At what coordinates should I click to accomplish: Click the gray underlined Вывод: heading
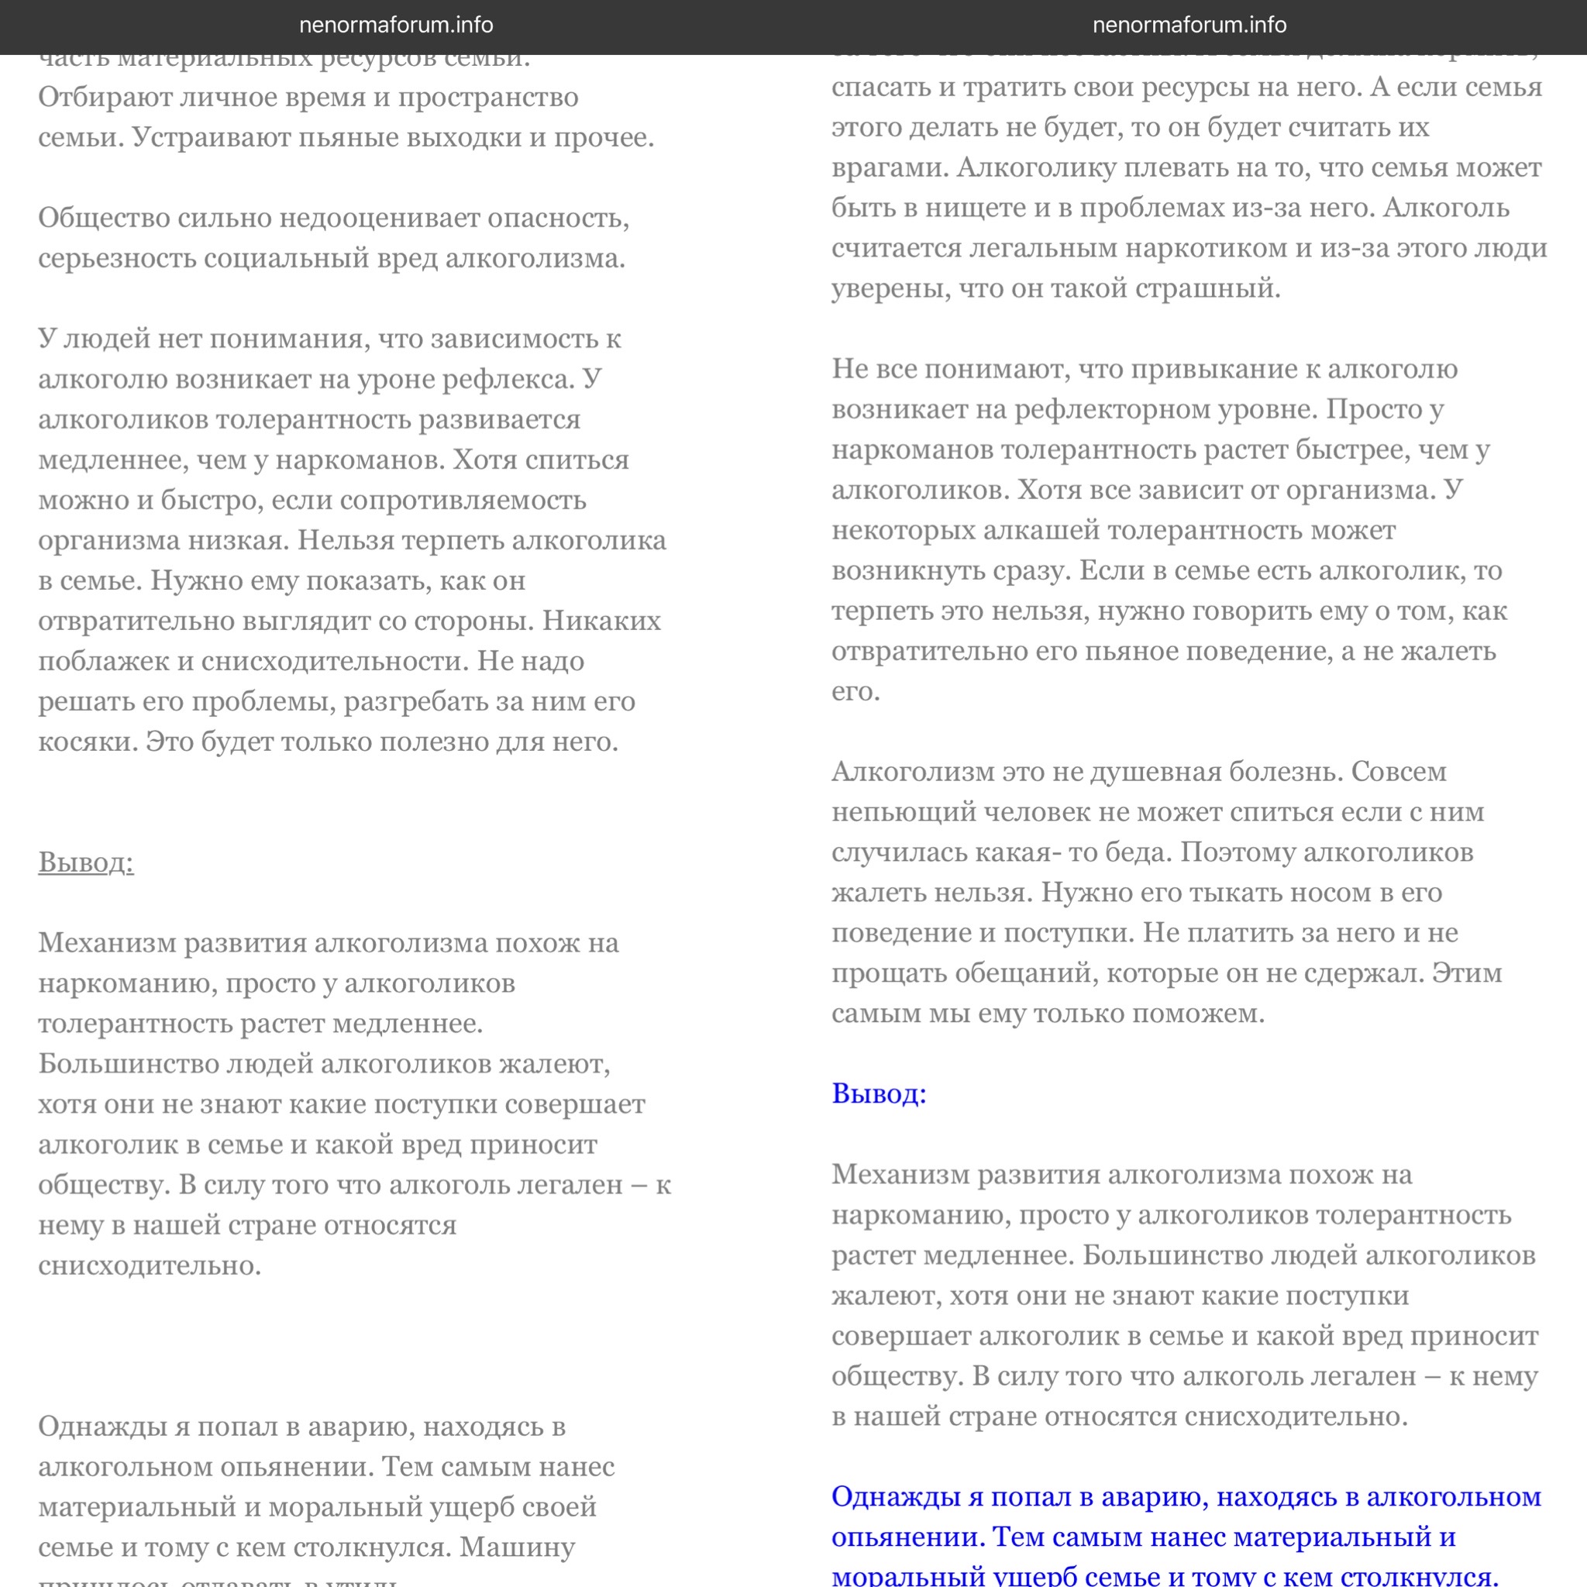click(x=85, y=862)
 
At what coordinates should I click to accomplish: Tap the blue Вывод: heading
click(x=879, y=1093)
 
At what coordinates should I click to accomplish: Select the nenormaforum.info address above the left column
click(x=396, y=26)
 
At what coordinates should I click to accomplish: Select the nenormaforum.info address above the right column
click(x=1189, y=26)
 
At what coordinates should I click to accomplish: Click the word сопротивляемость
click(x=463, y=501)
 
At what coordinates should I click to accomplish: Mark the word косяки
click(x=87, y=742)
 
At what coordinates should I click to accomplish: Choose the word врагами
click(x=889, y=167)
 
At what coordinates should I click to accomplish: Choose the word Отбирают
click(x=105, y=98)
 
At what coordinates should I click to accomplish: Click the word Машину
click(x=517, y=1547)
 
